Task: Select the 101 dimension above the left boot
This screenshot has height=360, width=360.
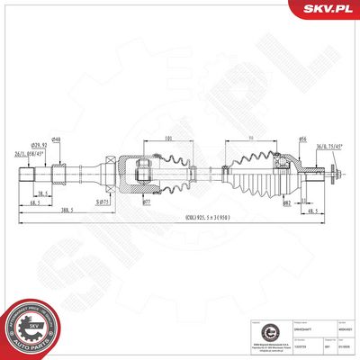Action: (x=168, y=139)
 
